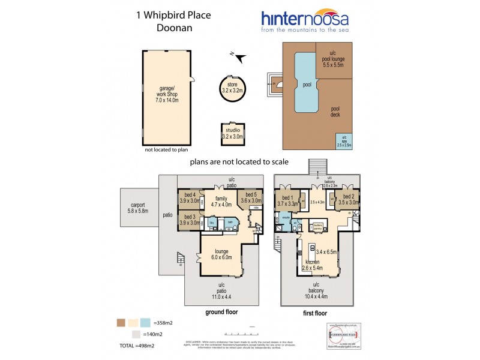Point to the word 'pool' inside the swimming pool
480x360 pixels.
click(x=307, y=85)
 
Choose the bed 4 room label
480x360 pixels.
click(x=190, y=197)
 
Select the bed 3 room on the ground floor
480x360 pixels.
click(x=190, y=219)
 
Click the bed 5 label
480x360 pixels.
click(x=251, y=197)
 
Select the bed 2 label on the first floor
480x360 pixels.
click(x=348, y=200)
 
